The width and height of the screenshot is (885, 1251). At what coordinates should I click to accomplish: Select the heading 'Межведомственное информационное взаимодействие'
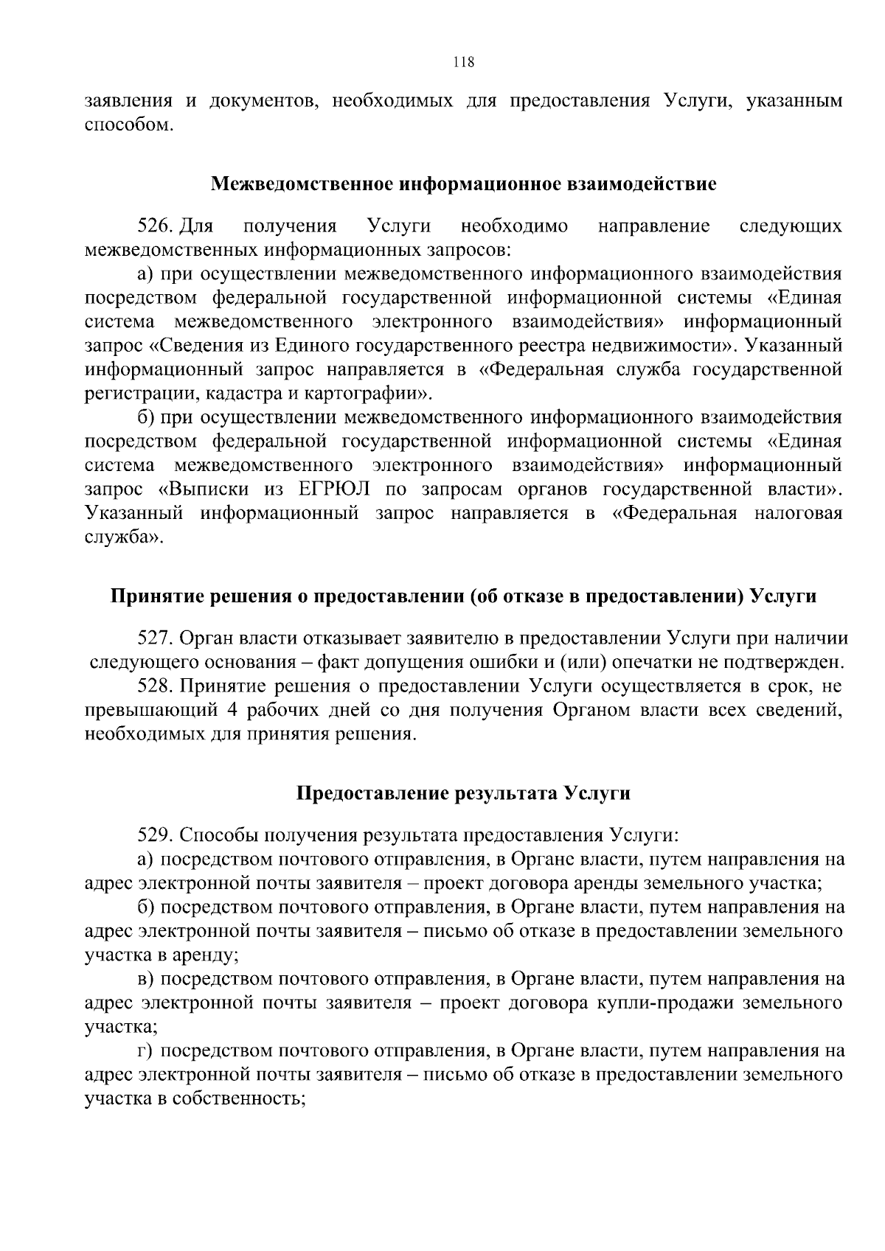coord(463,184)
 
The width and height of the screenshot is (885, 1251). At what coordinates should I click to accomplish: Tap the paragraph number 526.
coord(155,226)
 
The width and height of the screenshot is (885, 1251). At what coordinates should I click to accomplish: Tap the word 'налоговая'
coord(799,513)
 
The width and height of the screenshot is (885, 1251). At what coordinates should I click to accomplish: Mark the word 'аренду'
coord(204,955)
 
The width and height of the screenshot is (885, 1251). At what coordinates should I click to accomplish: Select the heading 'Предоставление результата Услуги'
coord(463,793)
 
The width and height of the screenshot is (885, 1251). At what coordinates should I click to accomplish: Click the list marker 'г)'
coord(145,1050)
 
